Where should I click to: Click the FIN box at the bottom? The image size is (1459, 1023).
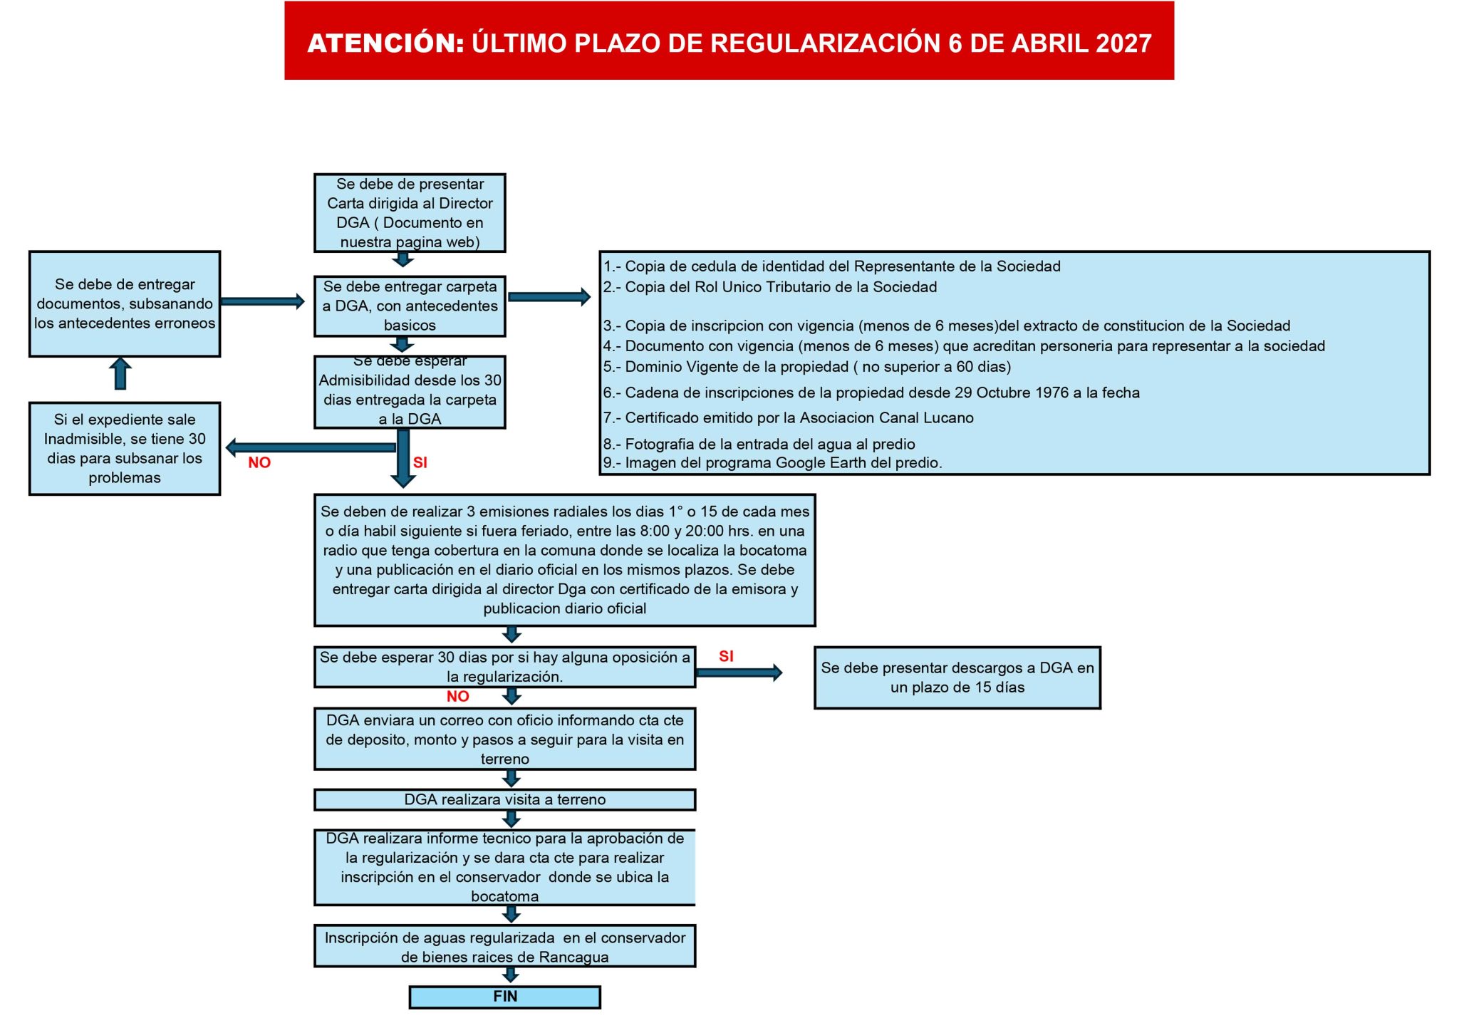pyautogui.click(x=504, y=997)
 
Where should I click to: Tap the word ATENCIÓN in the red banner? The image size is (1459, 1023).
pyautogui.click(x=385, y=43)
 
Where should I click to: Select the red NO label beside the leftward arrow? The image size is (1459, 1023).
pyautogui.click(x=259, y=463)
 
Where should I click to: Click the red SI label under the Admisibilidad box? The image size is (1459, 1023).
pyautogui.click(x=420, y=463)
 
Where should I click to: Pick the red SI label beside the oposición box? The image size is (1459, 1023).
pyautogui.click(x=726, y=656)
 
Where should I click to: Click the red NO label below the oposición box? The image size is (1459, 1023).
pyautogui.click(x=457, y=697)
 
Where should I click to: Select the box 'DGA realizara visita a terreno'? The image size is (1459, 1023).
pyautogui.click(x=504, y=799)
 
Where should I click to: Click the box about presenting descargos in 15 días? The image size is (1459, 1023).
pyautogui.click(x=957, y=677)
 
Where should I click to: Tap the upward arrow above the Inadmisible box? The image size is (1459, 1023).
pyautogui.click(x=120, y=373)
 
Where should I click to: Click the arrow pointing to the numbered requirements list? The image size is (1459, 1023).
pyautogui.click(x=549, y=297)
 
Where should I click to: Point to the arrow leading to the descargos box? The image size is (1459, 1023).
pyautogui.click(x=739, y=673)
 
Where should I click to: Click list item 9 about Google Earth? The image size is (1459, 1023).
pyautogui.click(x=773, y=463)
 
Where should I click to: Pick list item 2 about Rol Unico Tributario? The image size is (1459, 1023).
pyautogui.click(x=770, y=287)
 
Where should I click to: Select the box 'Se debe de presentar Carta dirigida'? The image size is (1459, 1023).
pyautogui.click(x=410, y=212)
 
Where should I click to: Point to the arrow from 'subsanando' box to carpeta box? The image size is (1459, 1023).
pyautogui.click(x=262, y=301)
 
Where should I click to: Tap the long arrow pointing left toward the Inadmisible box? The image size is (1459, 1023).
pyautogui.click(x=311, y=447)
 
